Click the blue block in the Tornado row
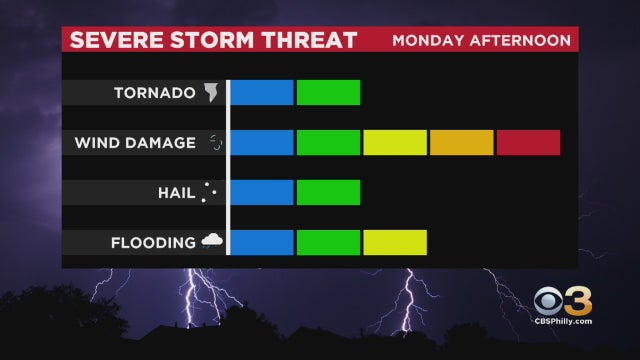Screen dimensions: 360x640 click(x=262, y=92)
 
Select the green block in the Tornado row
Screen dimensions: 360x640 click(x=328, y=92)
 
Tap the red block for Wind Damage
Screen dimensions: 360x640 click(x=528, y=142)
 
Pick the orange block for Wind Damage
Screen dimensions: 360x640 click(x=462, y=142)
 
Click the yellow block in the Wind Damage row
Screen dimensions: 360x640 click(x=395, y=142)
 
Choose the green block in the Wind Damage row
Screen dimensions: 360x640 click(x=328, y=142)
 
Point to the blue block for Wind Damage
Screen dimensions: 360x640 click(x=262, y=142)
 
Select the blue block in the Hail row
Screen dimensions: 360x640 click(x=262, y=192)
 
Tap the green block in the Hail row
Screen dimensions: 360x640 click(x=328, y=192)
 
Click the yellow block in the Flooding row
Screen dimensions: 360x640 click(x=395, y=242)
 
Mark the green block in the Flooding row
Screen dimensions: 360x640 click(x=328, y=242)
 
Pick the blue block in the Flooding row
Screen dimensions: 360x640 click(x=262, y=242)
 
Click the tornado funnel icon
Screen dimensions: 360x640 click(x=211, y=93)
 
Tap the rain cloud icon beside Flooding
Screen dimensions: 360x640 click(x=211, y=241)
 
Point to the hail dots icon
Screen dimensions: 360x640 click(x=209, y=192)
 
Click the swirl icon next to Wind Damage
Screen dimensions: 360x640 click(x=214, y=143)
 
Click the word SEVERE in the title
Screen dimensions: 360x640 click(x=112, y=41)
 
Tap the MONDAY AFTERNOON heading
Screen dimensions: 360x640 click(x=481, y=41)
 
